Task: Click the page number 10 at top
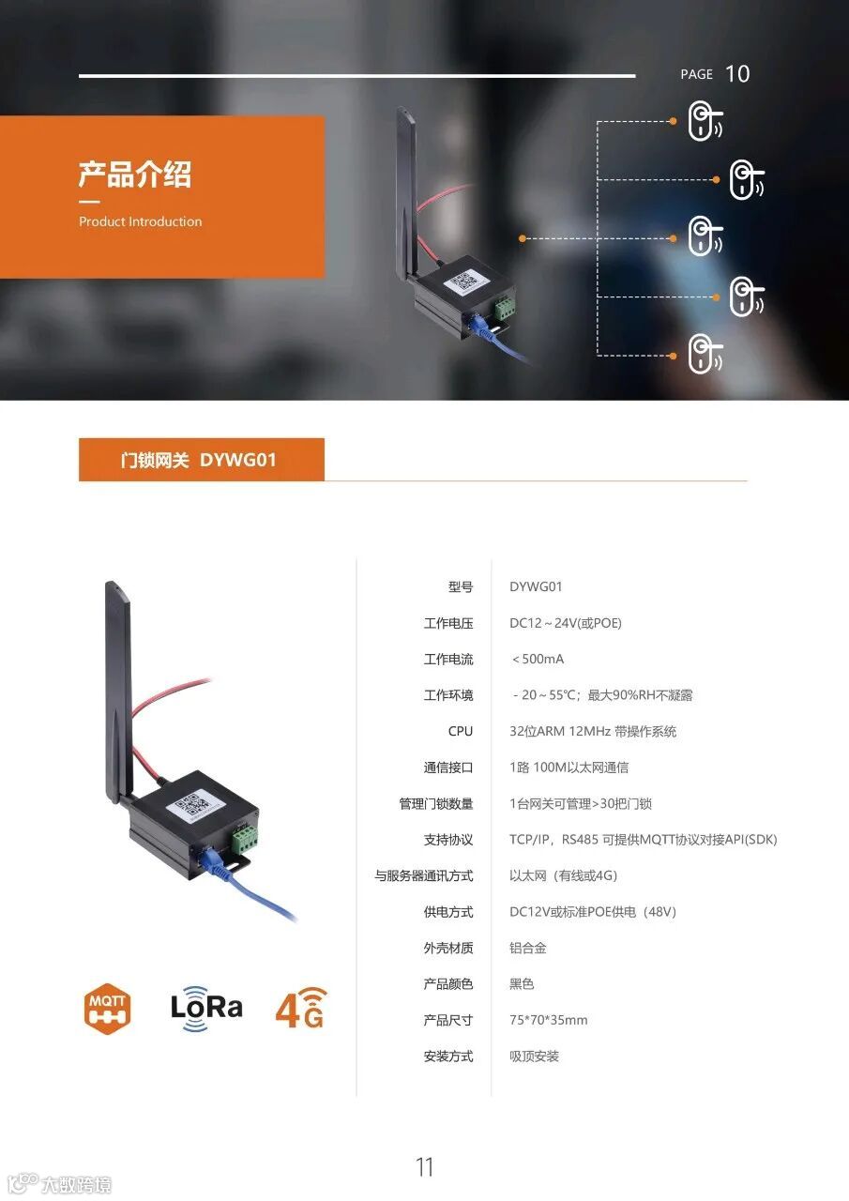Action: click(x=737, y=74)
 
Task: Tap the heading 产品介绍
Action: click(x=134, y=175)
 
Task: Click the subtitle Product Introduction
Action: click(x=140, y=222)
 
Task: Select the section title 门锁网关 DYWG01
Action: click(x=199, y=460)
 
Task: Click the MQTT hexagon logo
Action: click(x=107, y=1009)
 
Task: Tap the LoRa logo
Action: click(x=206, y=1008)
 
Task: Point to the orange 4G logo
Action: click(x=300, y=1008)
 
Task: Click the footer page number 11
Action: click(x=424, y=1167)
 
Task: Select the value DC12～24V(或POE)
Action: click(x=565, y=623)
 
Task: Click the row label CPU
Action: click(x=460, y=731)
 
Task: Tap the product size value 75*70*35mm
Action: click(x=548, y=1020)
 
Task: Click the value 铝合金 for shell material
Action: click(x=527, y=948)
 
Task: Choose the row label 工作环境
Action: click(x=447, y=695)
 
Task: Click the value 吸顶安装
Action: click(x=534, y=1057)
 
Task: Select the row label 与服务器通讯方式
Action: click(x=423, y=875)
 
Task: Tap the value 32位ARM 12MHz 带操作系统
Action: click(x=592, y=731)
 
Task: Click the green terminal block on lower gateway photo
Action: click(x=245, y=837)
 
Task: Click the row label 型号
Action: click(x=460, y=587)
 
